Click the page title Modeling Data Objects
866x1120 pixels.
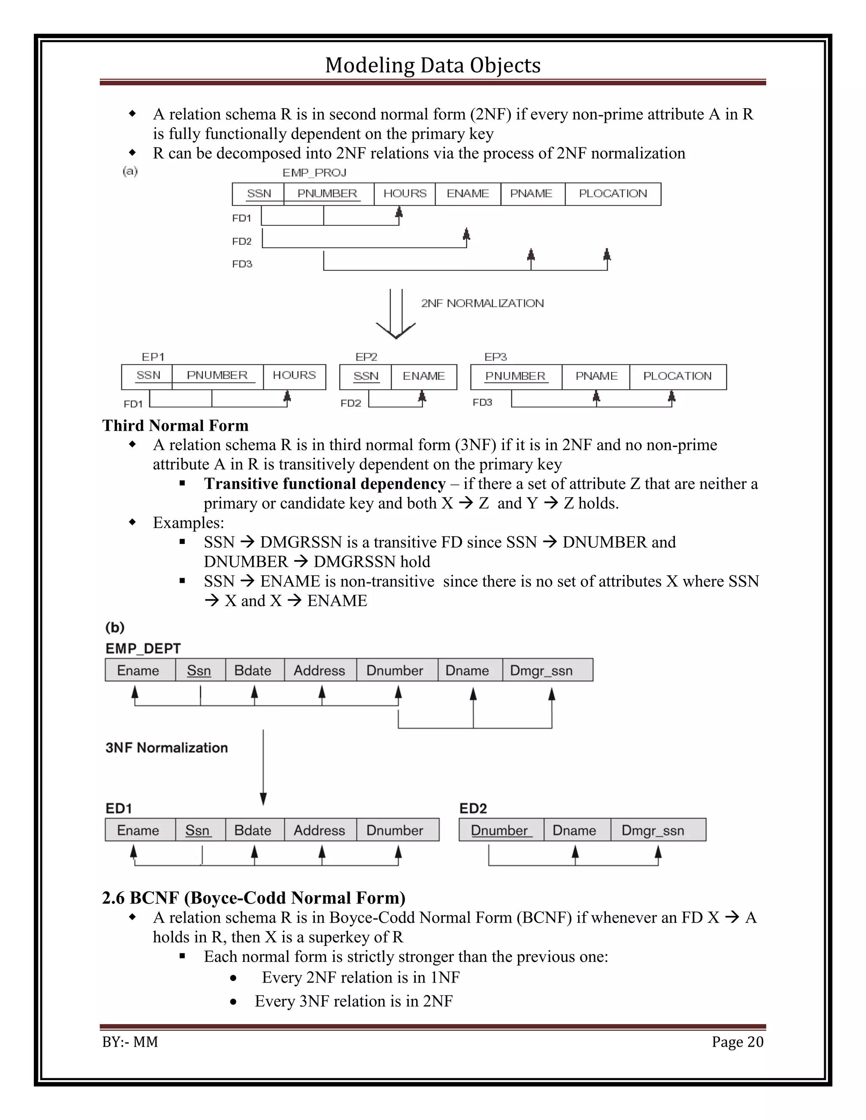pyautogui.click(x=433, y=65)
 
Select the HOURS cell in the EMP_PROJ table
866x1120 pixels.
pyautogui.click(x=405, y=194)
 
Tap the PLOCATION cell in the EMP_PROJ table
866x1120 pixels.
pyautogui.click(x=613, y=194)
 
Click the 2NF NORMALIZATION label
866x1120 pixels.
pyautogui.click(x=482, y=303)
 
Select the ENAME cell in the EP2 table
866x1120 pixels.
pyautogui.click(x=424, y=377)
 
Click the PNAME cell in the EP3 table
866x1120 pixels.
pyautogui.click(x=596, y=377)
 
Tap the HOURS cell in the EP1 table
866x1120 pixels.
pyautogui.click(x=294, y=375)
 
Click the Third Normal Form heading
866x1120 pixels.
pyautogui.click(x=175, y=426)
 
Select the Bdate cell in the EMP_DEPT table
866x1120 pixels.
pyautogui.click(x=253, y=670)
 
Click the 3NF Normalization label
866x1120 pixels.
pyautogui.click(x=167, y=748)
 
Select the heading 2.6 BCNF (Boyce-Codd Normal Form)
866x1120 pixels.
pyautogui.click(x=254, y=898)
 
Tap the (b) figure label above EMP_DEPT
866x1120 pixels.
pyautogui.click(x=115, y=628)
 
